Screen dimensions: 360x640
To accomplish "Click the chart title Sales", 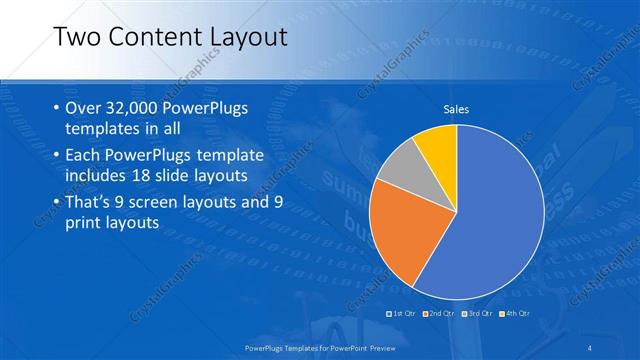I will click(x=456, y=109).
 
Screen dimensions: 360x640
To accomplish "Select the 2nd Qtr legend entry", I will click(x=440, y=313).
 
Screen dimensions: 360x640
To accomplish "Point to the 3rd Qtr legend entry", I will click(x=476, y=313).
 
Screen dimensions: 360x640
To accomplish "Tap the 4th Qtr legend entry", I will click(x=512, y=313).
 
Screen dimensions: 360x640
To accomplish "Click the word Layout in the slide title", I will click(x=246, y=37).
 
